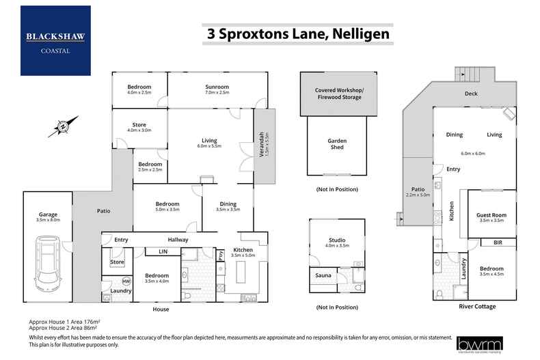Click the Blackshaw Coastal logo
(55, 40)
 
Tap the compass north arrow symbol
(63, 126)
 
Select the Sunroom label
(217, 87)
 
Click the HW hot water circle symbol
(126, 281)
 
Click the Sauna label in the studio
(323, 276)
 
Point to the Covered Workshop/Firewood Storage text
(339, 94)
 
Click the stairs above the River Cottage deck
(471, 73)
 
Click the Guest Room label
(491, 215)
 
